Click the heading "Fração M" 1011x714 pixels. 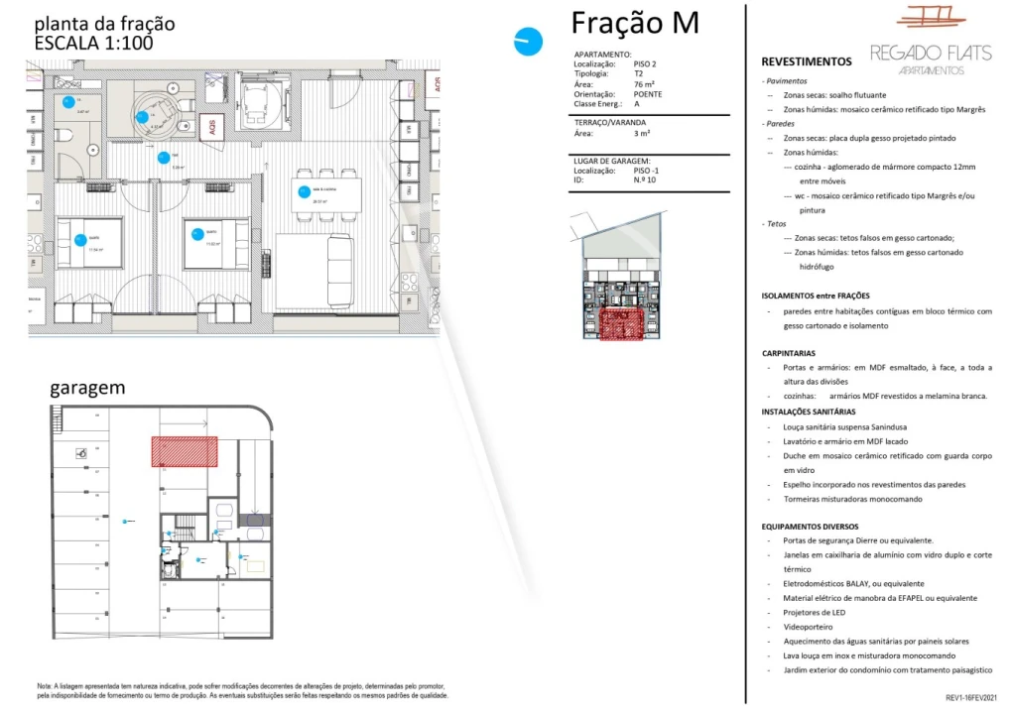[x=635, y=23]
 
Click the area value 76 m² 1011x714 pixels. [x=644, y=84]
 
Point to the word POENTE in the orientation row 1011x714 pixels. [x=648, y=94]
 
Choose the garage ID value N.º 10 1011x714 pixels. [x=644, y=181]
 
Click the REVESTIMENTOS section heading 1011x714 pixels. [x=806, y=61]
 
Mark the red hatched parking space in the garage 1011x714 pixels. [x=184, y=451]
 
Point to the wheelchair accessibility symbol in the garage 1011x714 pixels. [x=81, y=454]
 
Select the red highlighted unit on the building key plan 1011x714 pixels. [x=619, y=324]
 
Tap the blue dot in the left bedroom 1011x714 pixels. [x=79, y=239]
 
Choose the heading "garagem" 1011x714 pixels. [x=87, y=388]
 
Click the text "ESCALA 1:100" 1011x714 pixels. [x=93, y=43]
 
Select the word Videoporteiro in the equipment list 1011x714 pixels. [x=808, y=627]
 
